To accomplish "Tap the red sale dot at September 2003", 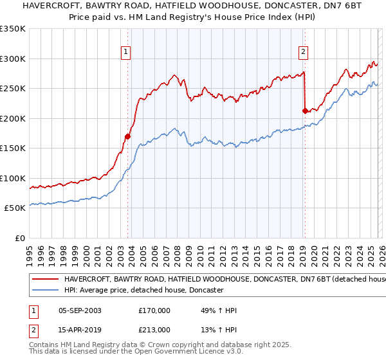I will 128,136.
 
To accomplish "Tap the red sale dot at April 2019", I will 305,111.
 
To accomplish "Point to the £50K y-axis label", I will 15,208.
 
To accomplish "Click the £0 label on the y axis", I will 20,238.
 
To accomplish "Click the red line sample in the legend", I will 46,280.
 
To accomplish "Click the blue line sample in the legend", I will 46,291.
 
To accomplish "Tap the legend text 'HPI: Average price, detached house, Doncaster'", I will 143,291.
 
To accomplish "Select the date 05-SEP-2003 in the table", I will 80,310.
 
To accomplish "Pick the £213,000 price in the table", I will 154,330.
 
